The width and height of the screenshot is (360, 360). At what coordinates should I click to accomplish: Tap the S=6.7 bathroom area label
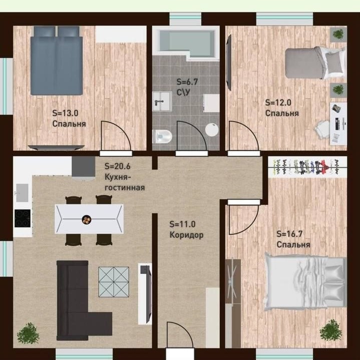(x=187, y=82)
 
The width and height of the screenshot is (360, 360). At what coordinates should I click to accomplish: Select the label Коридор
(x=186, y=235)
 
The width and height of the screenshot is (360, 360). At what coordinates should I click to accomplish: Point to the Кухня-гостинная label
(x=125, y=182)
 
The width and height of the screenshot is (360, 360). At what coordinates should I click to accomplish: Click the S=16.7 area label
(x=289, y=234)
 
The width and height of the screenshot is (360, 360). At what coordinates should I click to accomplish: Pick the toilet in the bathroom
(x=162, y=136)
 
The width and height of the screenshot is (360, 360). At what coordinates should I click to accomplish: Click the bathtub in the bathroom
(x=186, y=44)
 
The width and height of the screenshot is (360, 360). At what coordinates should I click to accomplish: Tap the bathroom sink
(x=162, y=101)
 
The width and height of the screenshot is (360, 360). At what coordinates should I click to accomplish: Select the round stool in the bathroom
(x=212, y=130)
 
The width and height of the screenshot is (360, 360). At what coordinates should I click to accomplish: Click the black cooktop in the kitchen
(x=23, y=218)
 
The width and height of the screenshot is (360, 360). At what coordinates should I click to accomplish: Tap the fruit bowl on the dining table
(x=87, y=219)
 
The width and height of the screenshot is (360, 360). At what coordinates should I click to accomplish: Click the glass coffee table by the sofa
(x=114, y=282)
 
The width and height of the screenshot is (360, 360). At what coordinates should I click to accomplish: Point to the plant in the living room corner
(x=28, y=333)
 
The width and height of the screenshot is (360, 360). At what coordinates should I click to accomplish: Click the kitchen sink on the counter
(x=22, y=193)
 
